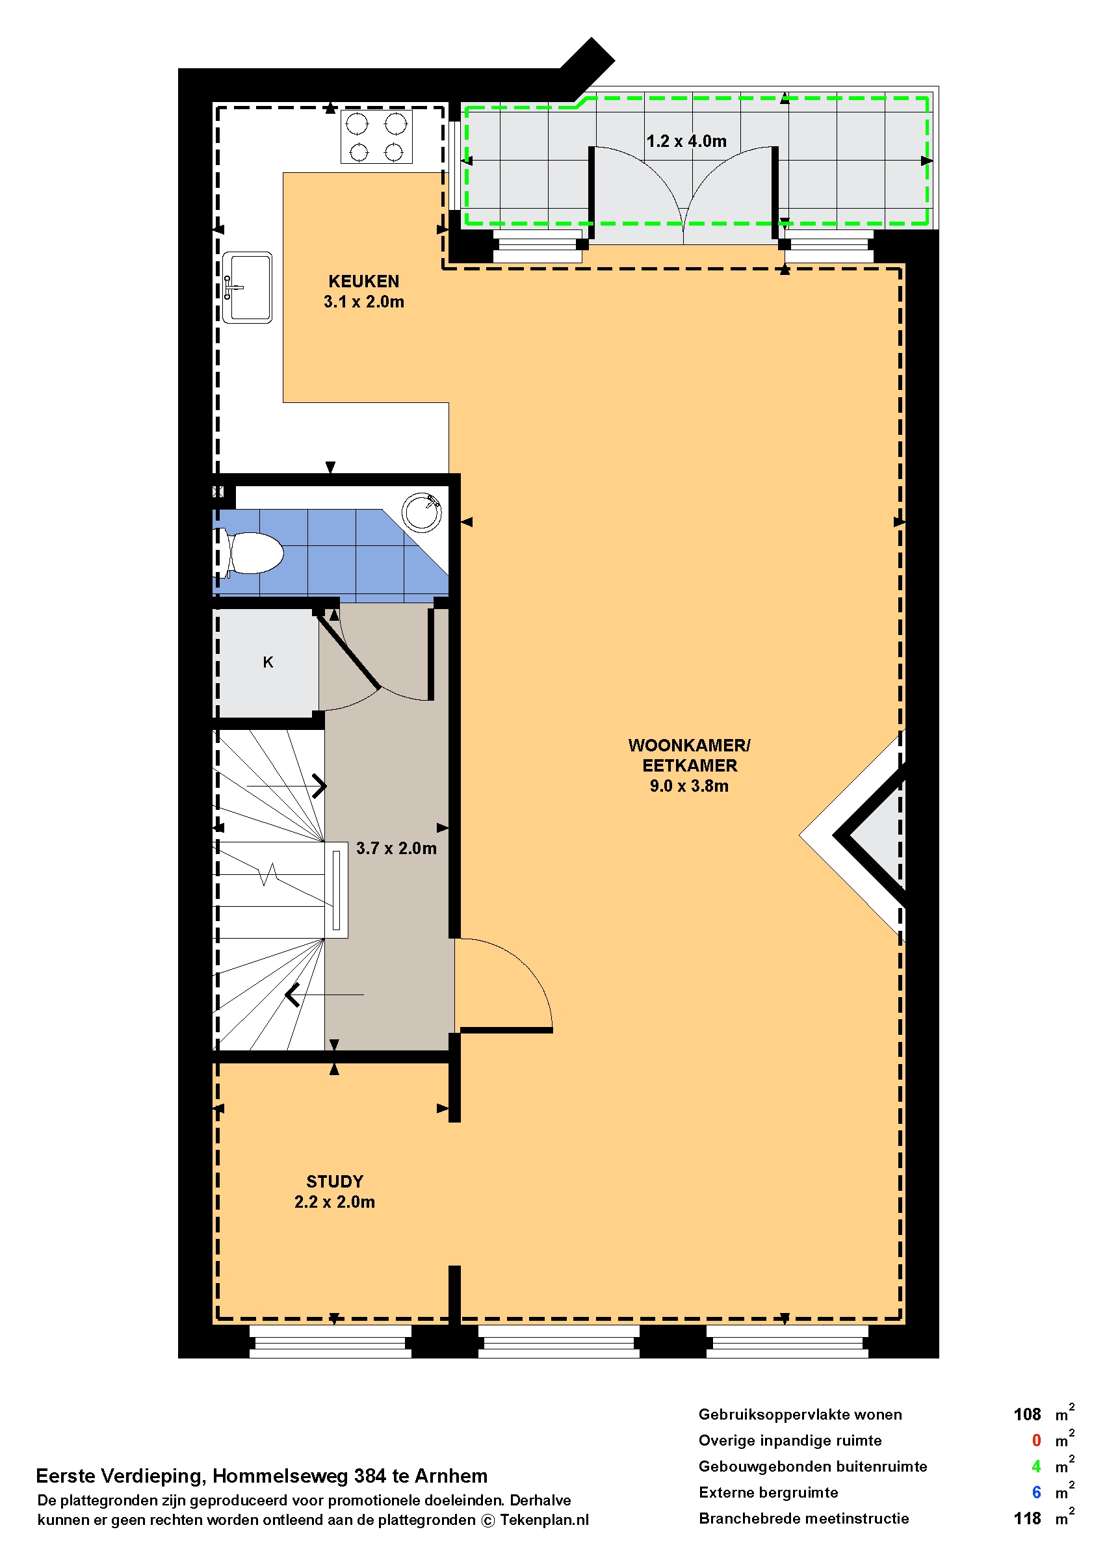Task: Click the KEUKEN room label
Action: (363, 281)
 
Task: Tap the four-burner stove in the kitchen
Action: (376, 136)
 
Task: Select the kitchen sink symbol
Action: (247, 287)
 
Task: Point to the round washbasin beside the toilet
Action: (421, 512)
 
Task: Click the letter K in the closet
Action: (268, 662)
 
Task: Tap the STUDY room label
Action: (335, 1181)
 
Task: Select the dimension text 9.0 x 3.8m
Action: (688, 786)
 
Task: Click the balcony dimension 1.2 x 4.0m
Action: (686, 141)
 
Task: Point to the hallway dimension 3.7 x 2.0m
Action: (396, 848)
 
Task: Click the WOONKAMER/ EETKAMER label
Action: (689, 755)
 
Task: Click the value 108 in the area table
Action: (1027, 1414)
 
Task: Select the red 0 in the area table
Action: (1036, 1440)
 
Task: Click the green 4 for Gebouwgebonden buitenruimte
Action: (1036, 1466)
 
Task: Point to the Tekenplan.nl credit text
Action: (544, 1520)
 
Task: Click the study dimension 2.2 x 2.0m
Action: (335, 1201)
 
